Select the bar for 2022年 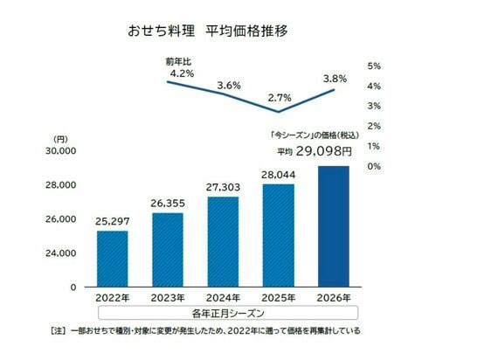tap(112, 259)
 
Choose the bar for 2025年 tap(278, 235)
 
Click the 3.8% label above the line tap(335, 78)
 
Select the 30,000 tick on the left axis tap(62, 151)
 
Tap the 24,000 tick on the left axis tap(62, 253)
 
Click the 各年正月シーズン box tap(223, 313)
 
